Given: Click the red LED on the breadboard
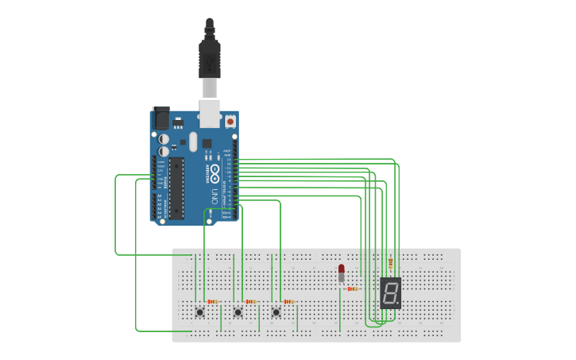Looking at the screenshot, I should (x=342, y=269).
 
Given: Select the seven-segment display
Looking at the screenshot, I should (x=390, y=292).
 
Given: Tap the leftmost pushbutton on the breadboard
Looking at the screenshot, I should (x=199, y=312).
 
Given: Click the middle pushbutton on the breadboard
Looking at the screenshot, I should (x=238, y=312).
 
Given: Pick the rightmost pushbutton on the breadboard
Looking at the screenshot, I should (x=276, y=312).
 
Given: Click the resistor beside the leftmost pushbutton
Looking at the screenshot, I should (x=212, y=302).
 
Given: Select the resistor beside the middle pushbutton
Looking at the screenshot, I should (x=250, y=302).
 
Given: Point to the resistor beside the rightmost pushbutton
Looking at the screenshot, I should (x=288, y=302).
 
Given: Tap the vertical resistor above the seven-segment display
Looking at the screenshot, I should (x=389, y=264).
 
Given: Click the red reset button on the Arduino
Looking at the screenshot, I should (x=230, y=122).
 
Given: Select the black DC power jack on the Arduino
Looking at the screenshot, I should (x=160, y=118).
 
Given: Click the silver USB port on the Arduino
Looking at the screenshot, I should (x=210, y=113).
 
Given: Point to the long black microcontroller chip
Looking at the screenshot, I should (x=176, y=188).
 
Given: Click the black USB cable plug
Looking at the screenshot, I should (x=209, y=60).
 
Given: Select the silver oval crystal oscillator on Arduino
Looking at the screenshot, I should (x=191, y=141).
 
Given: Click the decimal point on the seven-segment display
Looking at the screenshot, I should (x=398, y=304).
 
